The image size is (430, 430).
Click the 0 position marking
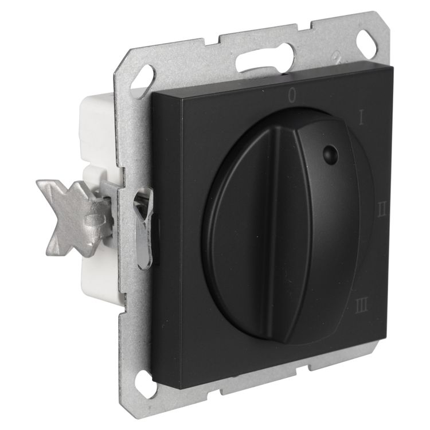tap(293, 95)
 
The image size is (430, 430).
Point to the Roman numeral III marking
tap(361, 306)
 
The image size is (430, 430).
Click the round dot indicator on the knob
tap(330, 154)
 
